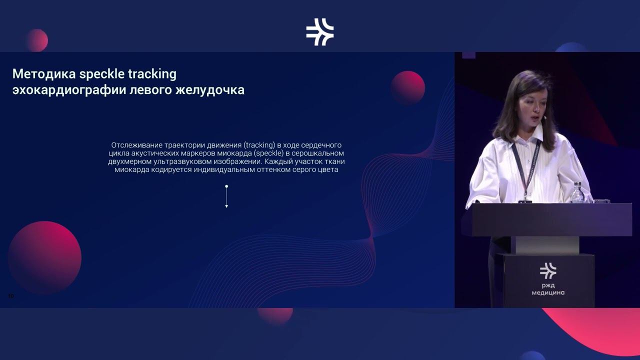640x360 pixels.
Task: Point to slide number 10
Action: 11,296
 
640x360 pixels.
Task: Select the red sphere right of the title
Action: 407,87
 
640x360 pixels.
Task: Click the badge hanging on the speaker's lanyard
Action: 525,201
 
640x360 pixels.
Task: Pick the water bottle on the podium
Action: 577,192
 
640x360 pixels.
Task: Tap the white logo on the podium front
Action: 548,270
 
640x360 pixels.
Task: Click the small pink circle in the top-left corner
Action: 36,40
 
